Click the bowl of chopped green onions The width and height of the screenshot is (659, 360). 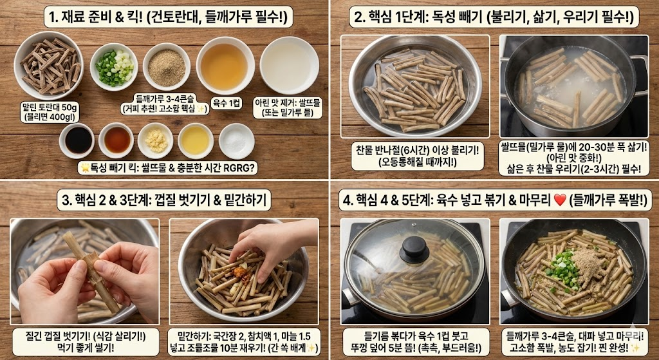[x=114, y=66]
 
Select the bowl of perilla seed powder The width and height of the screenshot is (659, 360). [x=166, y=66]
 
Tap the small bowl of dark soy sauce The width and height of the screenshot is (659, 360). [x=77, y=140]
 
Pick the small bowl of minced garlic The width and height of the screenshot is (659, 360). [x=155, y=140]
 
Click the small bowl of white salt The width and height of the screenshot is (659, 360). [x=236, y=140]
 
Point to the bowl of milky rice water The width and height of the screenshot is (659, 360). [x=289, y=65]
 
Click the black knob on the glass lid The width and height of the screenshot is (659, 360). [x=413, y=249]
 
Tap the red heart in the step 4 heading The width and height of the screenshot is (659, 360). [x=559, y=200]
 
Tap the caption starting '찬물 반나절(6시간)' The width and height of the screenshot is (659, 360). [x=414, y=155]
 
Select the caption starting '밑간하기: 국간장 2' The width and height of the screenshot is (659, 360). [x=247, y=341]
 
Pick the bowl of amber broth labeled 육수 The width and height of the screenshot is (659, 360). [x=225, y=65]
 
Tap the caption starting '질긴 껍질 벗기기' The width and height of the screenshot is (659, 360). [x=84, y=341]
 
